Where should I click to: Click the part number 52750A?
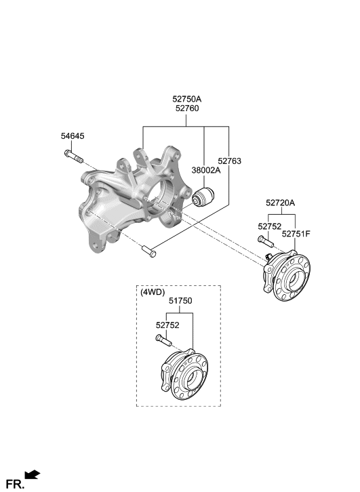tap(186, 99)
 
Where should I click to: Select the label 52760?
tap(187, 108)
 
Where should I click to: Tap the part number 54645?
tap(73, 136)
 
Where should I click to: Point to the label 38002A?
tap(206, 170)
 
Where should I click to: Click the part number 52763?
tap(230, 161)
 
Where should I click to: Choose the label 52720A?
tap(281, 203)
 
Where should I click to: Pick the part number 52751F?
tap(296, 234)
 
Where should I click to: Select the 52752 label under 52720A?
tap(270, 226)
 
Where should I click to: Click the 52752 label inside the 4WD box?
tap(167, 325)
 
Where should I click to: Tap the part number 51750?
tap(180, 301)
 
